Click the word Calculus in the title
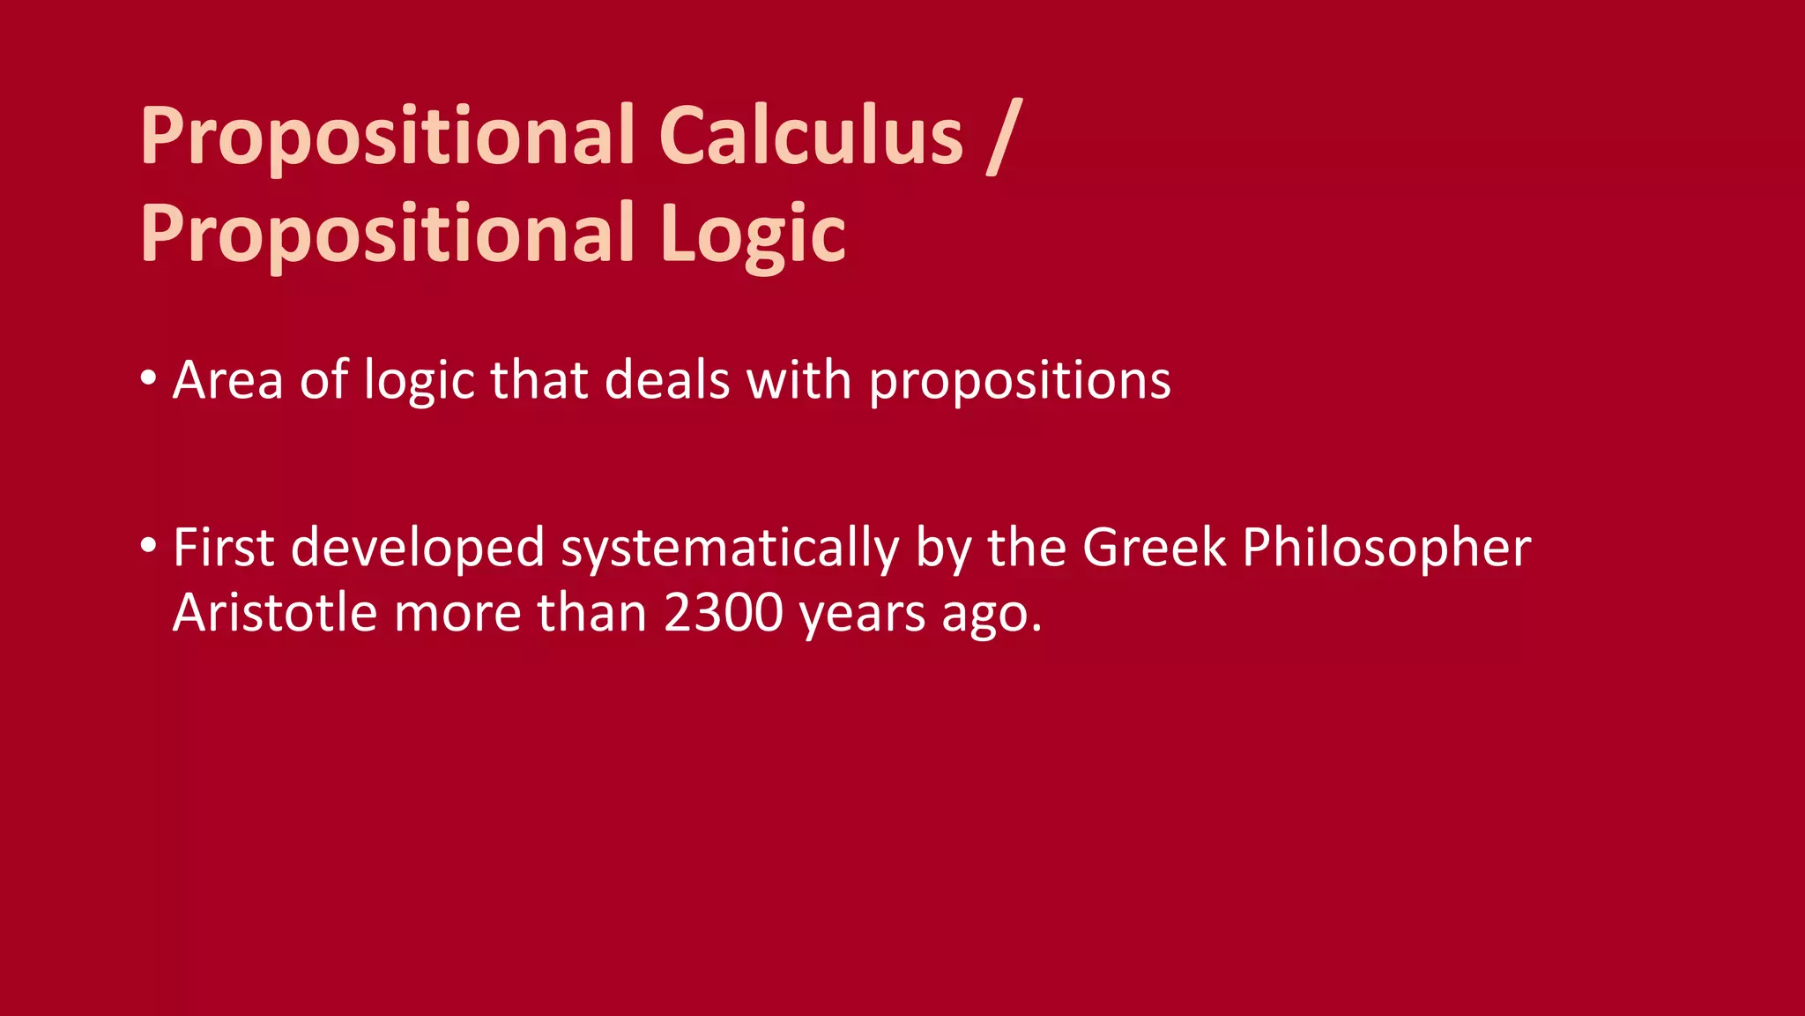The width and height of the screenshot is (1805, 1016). tap(811, 137)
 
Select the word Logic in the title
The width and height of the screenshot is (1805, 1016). tap(753, 234)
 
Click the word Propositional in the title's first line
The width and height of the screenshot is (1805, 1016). tap(388, 137)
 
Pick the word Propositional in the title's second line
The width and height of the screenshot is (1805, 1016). tap(388, 234)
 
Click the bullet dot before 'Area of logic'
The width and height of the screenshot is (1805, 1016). tap(148, 378)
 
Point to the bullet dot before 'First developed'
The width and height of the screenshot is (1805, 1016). tap(148, 545)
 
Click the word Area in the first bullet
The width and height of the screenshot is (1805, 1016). tap(227, 381)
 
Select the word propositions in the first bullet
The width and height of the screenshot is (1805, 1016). tap(1020, 381)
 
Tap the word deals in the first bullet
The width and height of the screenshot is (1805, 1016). tap(667, 381)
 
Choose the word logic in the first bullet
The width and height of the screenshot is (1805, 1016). tap(420, 381)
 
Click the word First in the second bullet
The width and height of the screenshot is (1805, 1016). tap(224, 548)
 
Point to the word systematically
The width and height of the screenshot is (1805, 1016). tap(730, 548)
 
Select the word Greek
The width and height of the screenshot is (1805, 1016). tap(1154, 548)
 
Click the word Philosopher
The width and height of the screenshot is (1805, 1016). tap(1386, 548)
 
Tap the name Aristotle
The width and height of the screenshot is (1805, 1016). tap(275, 613)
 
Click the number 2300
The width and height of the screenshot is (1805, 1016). tap(723, 613)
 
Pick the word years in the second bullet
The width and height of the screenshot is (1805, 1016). tap(862, 613)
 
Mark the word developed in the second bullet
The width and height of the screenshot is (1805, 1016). tap(418, 548)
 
